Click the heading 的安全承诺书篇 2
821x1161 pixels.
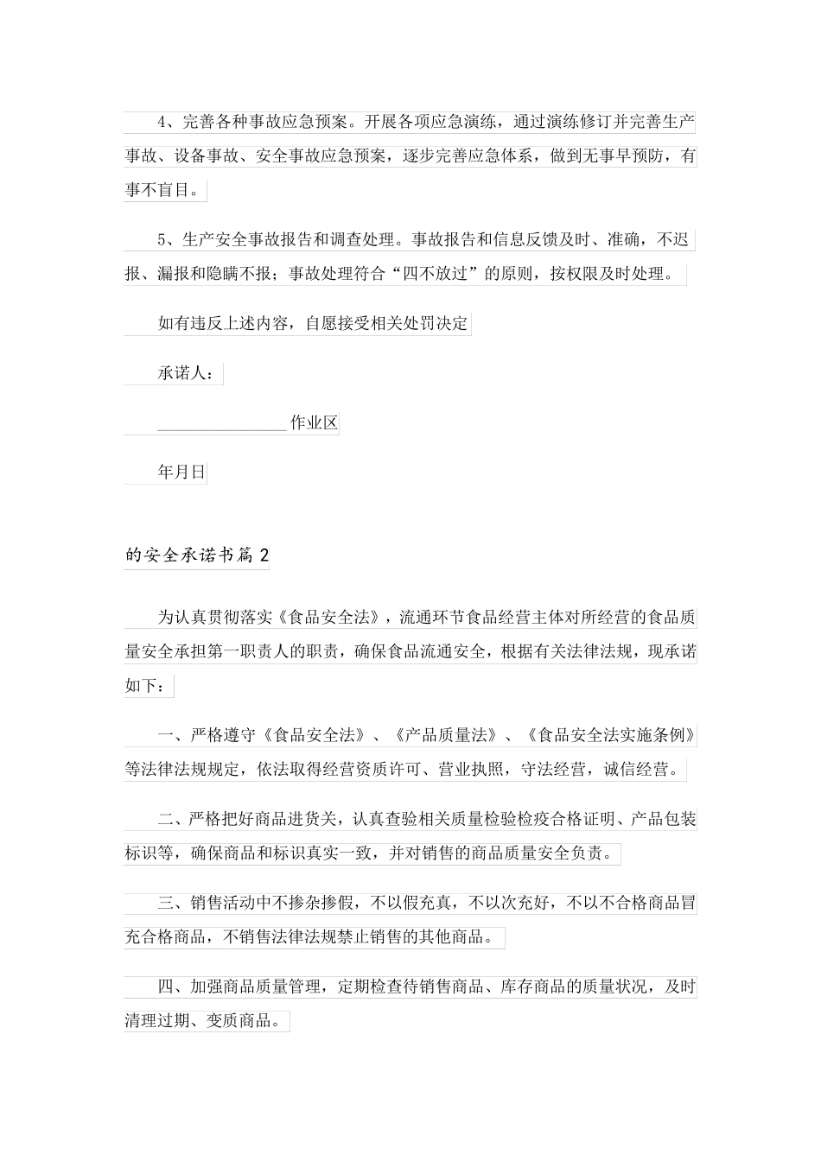[x=197, y=556]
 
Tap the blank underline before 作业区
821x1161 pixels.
[x=222, y=424]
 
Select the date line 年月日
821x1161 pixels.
[x=182, y=473]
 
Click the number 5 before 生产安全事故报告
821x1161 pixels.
[x=162, y=239]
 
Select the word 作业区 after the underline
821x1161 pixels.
[x=314, y=424]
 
